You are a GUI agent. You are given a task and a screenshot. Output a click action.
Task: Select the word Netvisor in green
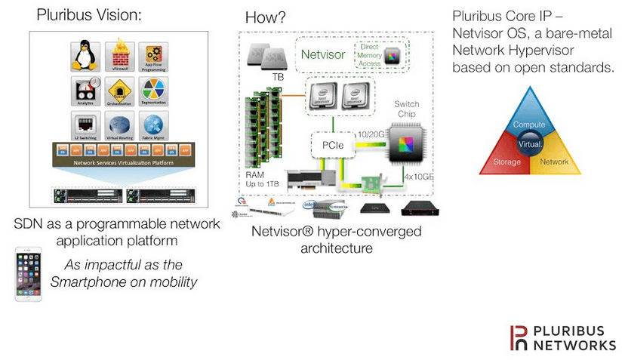pos(323,54)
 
